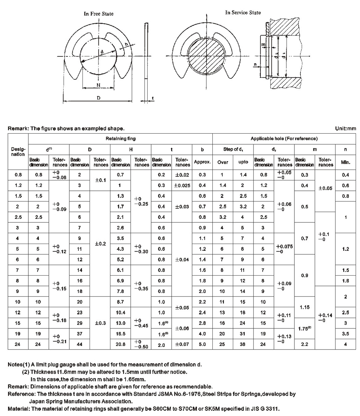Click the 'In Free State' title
point(98,14)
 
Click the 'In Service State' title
point(243,12)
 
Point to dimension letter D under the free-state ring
point(98,98)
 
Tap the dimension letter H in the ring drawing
point(98,85)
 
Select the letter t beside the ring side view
point(153,98)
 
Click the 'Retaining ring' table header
point(120,139)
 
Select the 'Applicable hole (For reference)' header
point(284,139)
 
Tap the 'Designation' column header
point(18,152)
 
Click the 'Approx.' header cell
point(202,162)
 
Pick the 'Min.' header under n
point(345,162)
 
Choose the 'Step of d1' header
point(233,150)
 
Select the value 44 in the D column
point(80,344)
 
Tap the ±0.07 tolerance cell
point(182,344)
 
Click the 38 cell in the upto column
point(243,344)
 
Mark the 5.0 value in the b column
point(202,344)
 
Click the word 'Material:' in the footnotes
point(18,409)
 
